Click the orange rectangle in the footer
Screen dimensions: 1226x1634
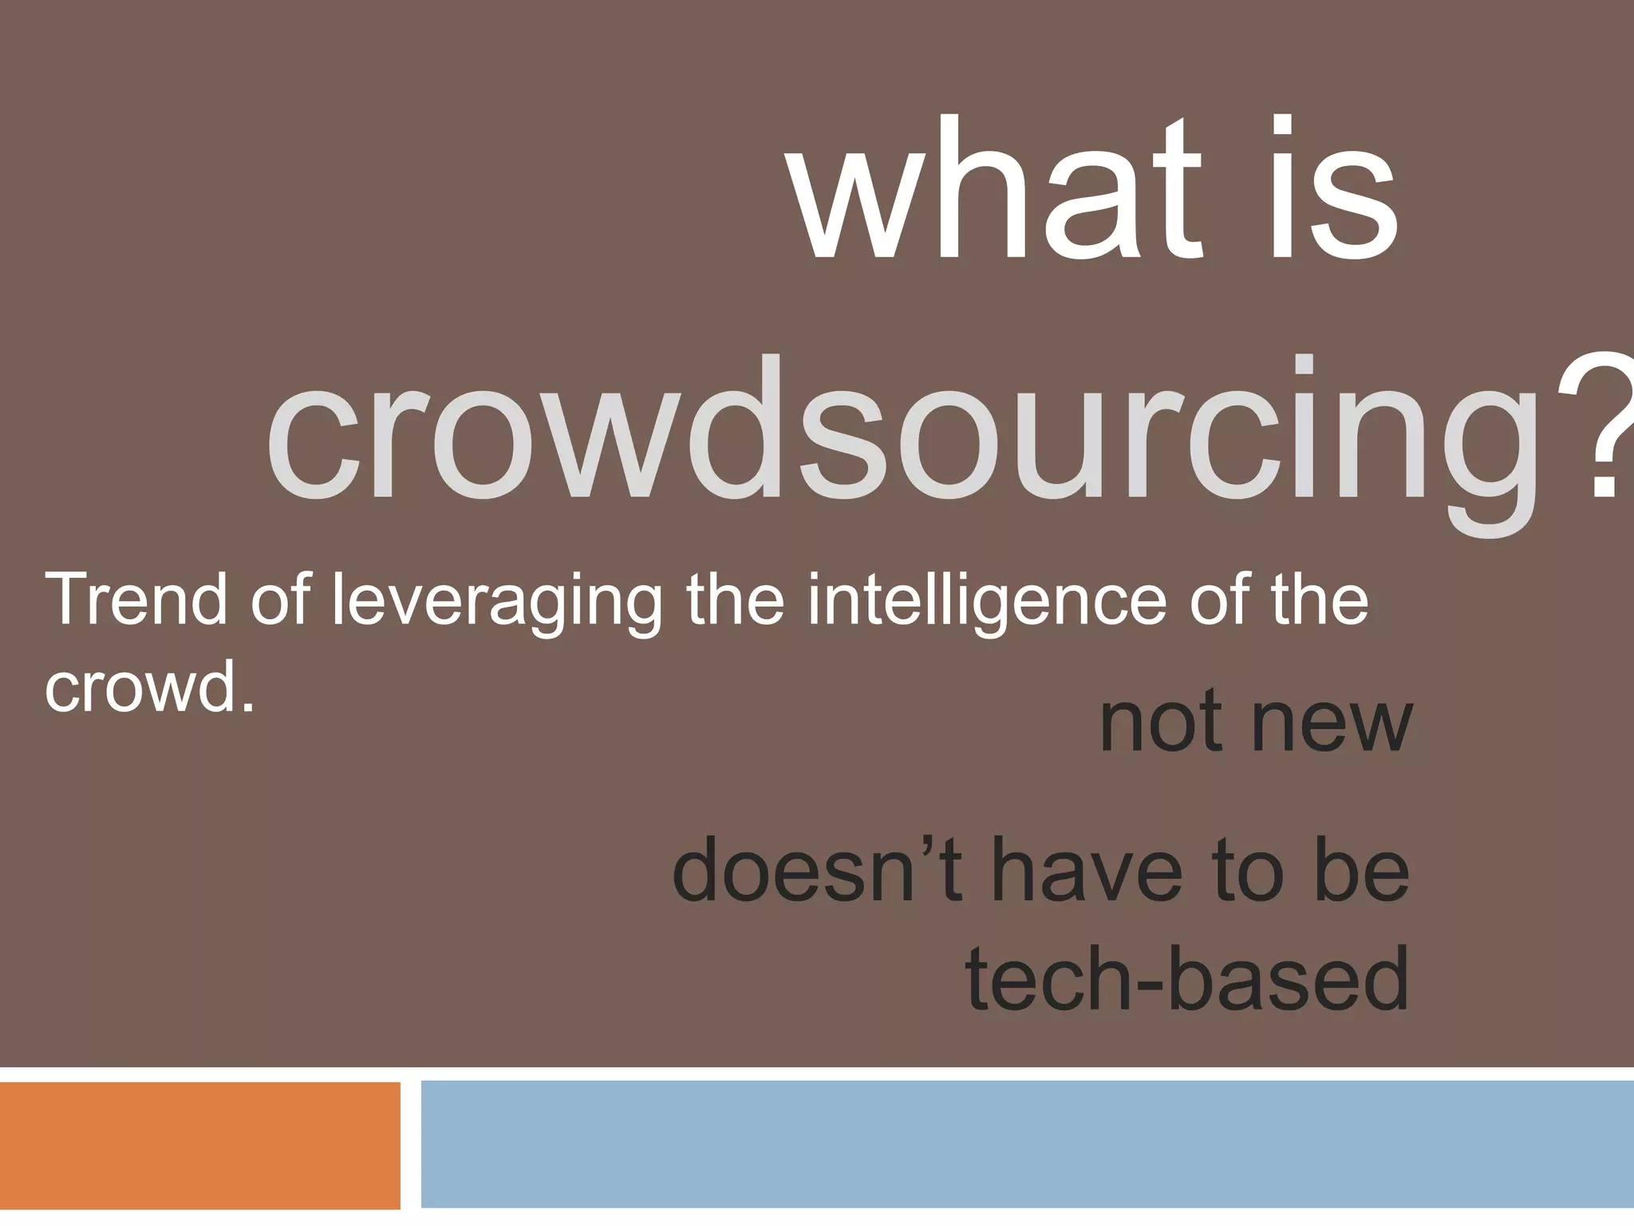click(199, 1145)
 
